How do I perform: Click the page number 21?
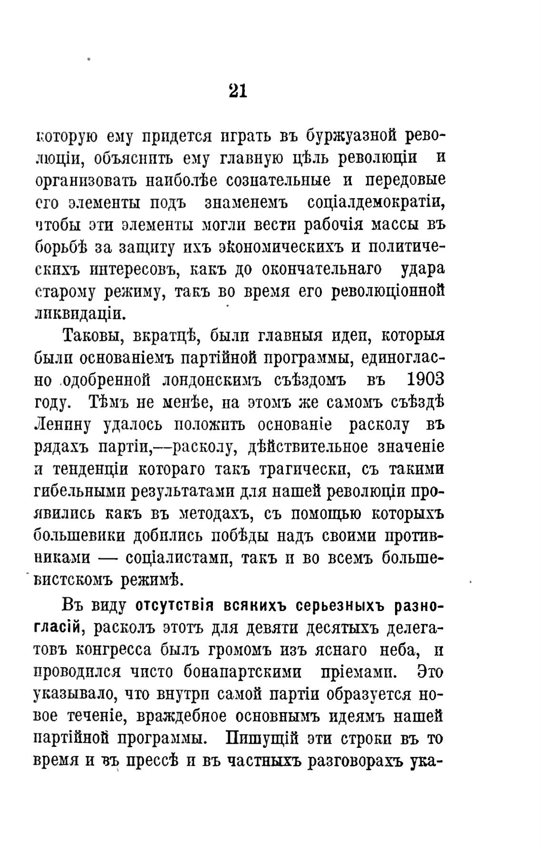[x=238, y=90]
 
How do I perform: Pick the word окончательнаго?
[x=321, y=269]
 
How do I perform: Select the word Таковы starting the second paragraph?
[x=91, y=335]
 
